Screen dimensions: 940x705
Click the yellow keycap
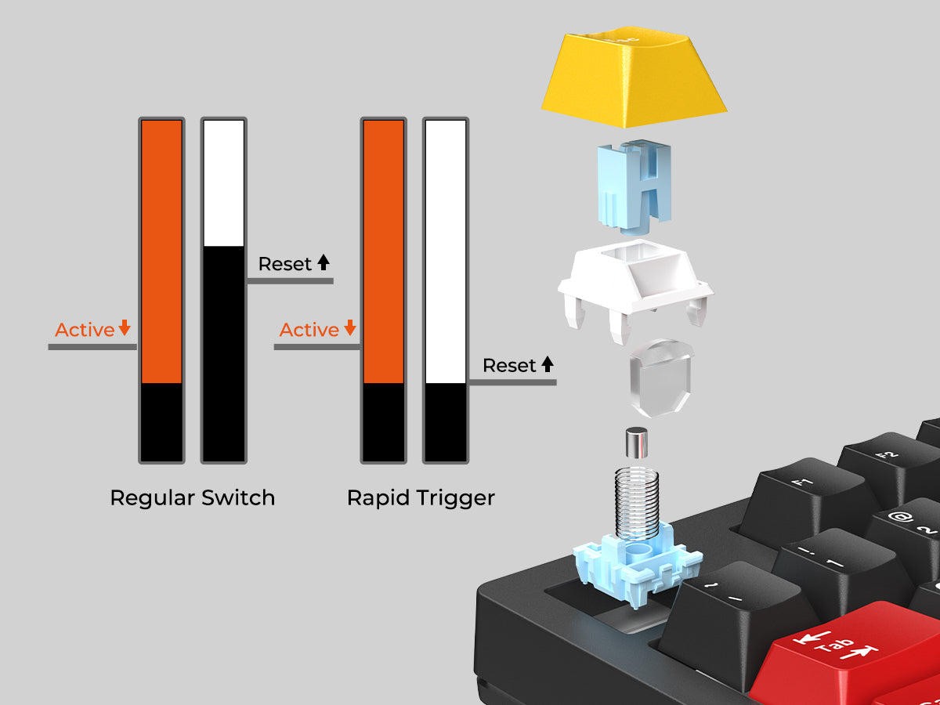point(634,77)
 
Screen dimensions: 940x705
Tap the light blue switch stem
point(634,187)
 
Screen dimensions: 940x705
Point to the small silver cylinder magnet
point(636,443)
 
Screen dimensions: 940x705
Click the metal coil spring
point(637,503)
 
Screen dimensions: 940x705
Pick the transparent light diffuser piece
point(660,378)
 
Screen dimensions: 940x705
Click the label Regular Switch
point(192,498)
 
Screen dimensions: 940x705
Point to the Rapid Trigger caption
point(421,499)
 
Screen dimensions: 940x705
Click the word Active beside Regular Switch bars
point(85,330)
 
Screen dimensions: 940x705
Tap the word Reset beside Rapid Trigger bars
point(509,366)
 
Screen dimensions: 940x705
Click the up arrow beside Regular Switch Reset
point(324,262)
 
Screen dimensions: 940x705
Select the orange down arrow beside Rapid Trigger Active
point(350,327)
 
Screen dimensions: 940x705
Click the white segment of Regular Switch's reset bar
point(223,183)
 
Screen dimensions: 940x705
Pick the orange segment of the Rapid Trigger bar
point(383,251)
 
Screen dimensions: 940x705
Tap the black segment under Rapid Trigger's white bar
point(446,422)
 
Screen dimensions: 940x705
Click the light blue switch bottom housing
point(637,565)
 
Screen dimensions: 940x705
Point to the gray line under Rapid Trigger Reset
point(512,381)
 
